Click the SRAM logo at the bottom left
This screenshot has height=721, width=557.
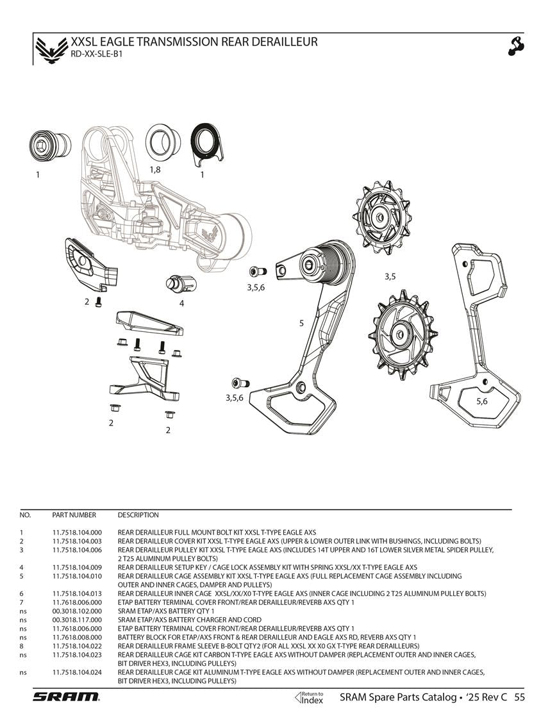coord(66,697)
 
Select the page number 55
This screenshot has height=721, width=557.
coord(519,697)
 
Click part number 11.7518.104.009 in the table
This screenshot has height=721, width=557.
coord(77,567)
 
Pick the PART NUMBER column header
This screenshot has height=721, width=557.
coord(74,515)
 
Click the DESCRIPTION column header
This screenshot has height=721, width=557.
coord(138,515)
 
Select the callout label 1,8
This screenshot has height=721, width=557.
coord(154,169)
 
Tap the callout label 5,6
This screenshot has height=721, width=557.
coord(481,401)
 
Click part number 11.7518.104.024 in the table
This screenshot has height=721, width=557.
coord(77,672)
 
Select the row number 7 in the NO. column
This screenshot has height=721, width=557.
coord(21,602)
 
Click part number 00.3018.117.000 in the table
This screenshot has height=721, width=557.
coord(77,620)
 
